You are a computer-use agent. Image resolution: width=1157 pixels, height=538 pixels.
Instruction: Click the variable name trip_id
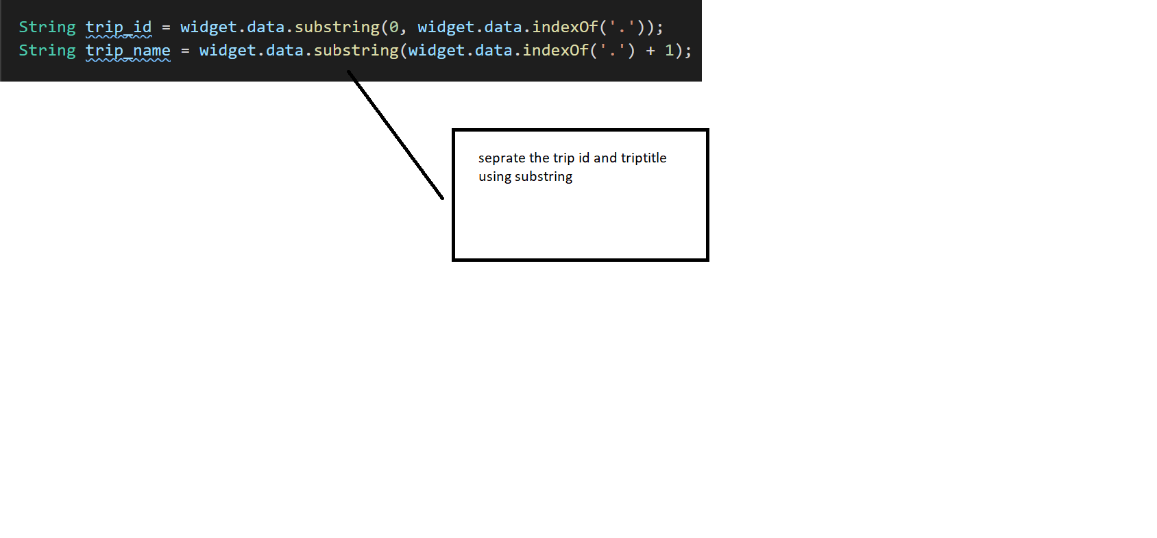tap(118, 27)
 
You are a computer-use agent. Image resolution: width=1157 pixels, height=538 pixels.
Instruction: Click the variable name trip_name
tap(127, 51)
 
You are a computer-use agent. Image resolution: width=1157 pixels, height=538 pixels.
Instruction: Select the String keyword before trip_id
tap(47, 27)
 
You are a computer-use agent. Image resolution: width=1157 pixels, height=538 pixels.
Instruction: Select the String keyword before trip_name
tap(47, 51)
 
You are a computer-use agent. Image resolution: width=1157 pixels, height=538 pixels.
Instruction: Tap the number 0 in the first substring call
tap(394, 27)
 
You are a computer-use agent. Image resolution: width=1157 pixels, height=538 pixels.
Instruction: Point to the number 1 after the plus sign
tap(670, 51)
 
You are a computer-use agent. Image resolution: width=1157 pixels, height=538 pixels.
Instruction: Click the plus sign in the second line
tap(650, 51)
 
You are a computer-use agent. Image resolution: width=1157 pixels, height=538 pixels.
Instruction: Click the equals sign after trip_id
tap(166, 27)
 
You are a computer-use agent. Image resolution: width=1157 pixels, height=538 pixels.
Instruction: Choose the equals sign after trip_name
tap(185, 51)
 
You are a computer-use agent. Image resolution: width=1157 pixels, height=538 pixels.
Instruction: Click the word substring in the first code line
tap(337, 27)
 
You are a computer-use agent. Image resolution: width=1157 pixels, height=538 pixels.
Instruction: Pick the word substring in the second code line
tap(356, 51)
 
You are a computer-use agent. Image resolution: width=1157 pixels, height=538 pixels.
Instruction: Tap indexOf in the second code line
tap(556, 51)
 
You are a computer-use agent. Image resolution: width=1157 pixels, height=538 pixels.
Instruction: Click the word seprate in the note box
tap(502, 158)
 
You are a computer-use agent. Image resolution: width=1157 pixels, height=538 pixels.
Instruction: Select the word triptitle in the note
tap(644, 158)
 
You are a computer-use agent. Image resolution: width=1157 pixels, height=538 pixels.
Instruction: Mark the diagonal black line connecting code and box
tap(395, 135)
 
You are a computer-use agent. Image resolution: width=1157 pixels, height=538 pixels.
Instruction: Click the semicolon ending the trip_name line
tap(687, 51)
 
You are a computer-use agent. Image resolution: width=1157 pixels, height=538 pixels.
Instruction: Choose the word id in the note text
tap(584, 158)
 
